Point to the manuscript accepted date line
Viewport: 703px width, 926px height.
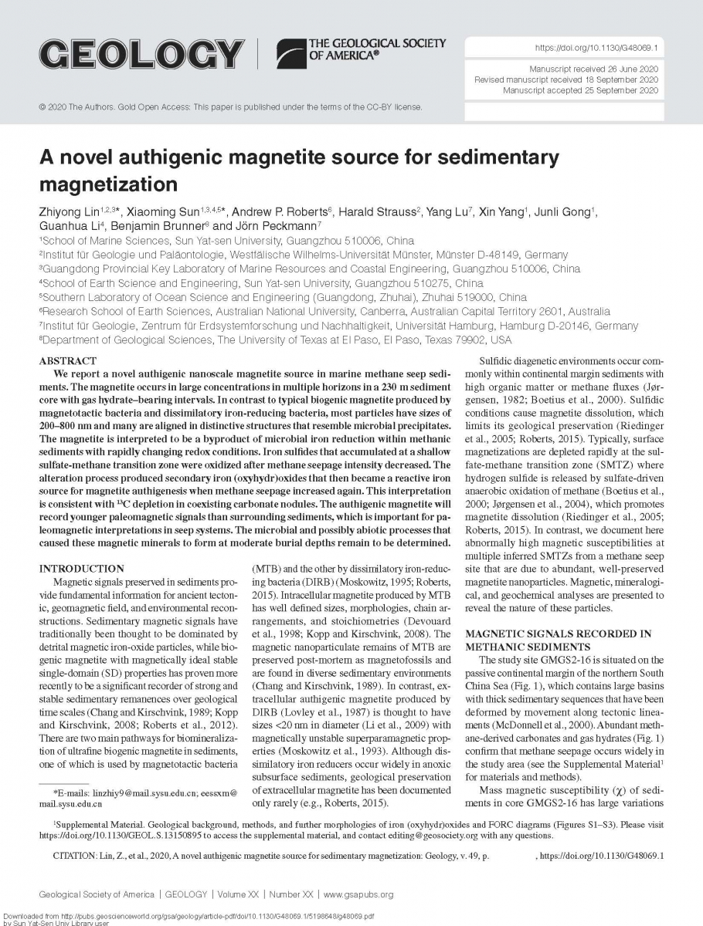[580, 90]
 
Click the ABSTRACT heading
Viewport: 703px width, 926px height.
[68, 360]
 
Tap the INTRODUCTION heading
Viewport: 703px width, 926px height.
[81, 568]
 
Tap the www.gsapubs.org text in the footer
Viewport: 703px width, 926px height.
[358, 894]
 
